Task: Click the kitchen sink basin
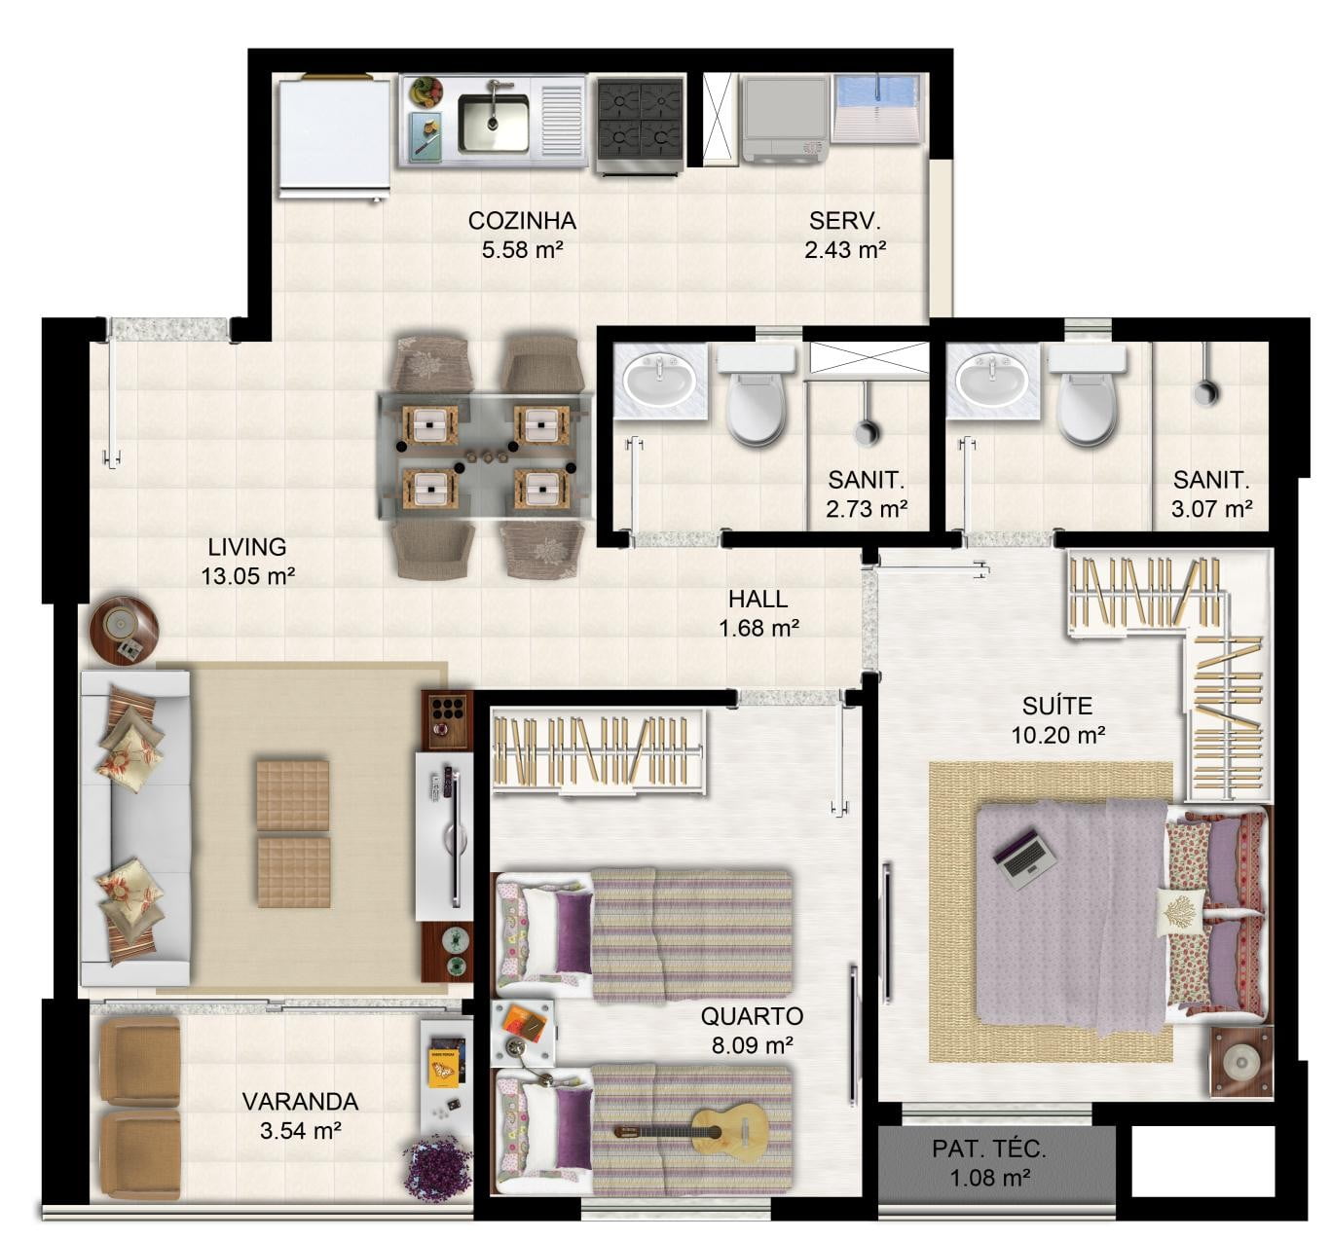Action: click(494, 124)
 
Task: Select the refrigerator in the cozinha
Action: click(334, 137)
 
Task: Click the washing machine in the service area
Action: click(785, 120)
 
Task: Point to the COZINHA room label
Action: click(522, 221)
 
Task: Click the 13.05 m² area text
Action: click(248, 576)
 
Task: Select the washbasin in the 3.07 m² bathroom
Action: click(992, 382)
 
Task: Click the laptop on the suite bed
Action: click(1024, 858)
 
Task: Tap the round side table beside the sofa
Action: click(124, 630)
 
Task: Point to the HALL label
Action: click(758, 600)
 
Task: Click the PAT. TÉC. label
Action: click(989, 1149)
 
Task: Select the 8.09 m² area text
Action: click(752, 1045)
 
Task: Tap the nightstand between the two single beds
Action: click(523, 1033)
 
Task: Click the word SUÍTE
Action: click(1056, 706)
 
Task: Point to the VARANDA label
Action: click(300, 1101)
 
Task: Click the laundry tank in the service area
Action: click(877, 108)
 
